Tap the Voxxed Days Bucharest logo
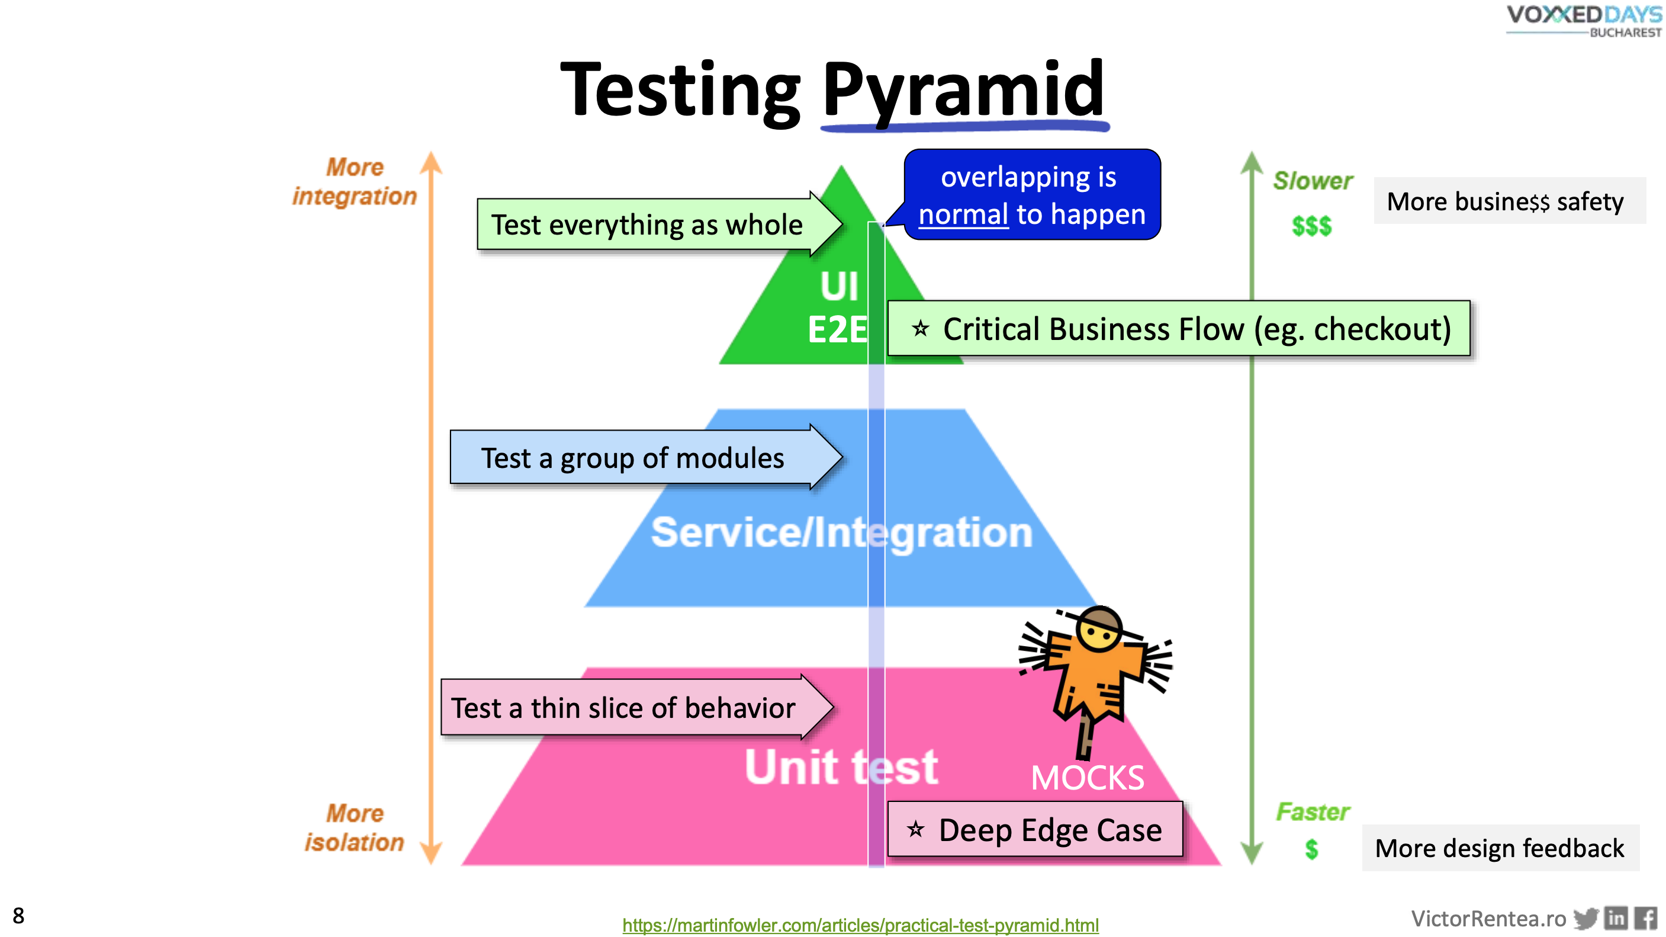(x=1584, y=21)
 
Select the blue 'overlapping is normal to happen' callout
(x=1031, y=195)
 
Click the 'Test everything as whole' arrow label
(x=647, y=225)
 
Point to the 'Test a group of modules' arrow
(x=632, y=458)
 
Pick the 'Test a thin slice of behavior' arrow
(x=623, y=708)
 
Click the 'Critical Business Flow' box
(x=1178, y=329)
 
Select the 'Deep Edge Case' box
(x=1035, y=830)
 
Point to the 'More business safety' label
(x=1505, y=201)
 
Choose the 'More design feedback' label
(x=1499, y=848)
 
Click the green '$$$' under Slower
(x=1311, y=226)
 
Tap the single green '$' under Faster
(x=1311, y=848)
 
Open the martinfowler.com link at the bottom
(x=860, y=925)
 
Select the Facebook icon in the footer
(x=1645, y=918)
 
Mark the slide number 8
(x=18, y=916)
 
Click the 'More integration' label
(x=355, y=182)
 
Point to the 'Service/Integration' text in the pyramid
(x=841, y=532)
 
